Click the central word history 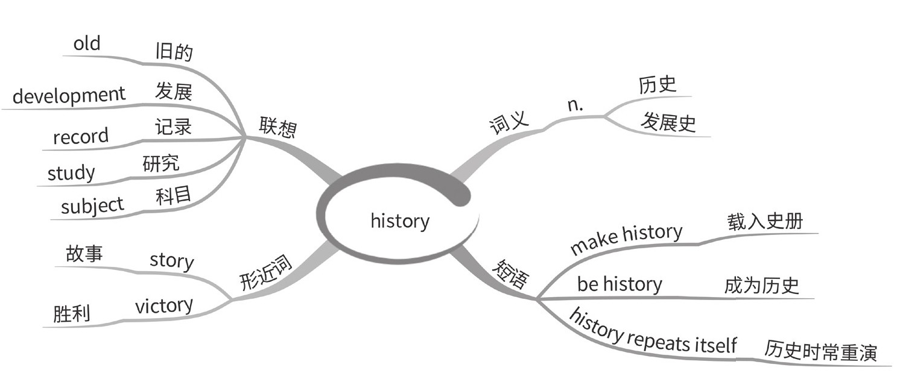click(x=399, y=221)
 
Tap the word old click(x=87, y=44)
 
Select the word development click(x=69, y=95)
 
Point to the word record click(x=81, y=136)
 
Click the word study click(x=71, y=174)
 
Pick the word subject click(x=92, y=207)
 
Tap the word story click(x=171, y=261)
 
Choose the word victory click(x=164, y=305)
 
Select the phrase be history click(x=619, y=284)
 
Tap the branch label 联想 click(x=278, y=126)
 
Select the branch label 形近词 click(x=265, y=274)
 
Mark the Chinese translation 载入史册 click(x=765, y=221)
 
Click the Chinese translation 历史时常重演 click(x=820, y=350)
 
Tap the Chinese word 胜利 click(x=71, y=313)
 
